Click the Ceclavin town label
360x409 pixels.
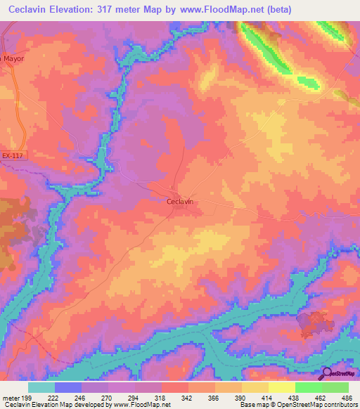[180, 201]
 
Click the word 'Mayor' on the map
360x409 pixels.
[14, 58]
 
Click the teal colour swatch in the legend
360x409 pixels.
[41, 387]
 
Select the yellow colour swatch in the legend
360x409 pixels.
[281, 387]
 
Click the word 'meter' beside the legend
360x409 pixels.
[10, 398]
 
